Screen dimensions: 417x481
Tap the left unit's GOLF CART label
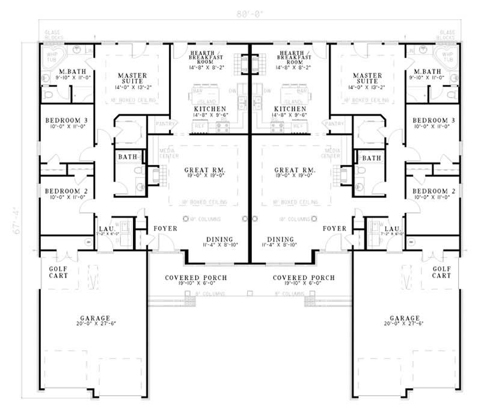[58, 272]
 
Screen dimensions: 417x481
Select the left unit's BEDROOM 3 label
[67, 121]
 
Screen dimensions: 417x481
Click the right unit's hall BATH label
[371, 158]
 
